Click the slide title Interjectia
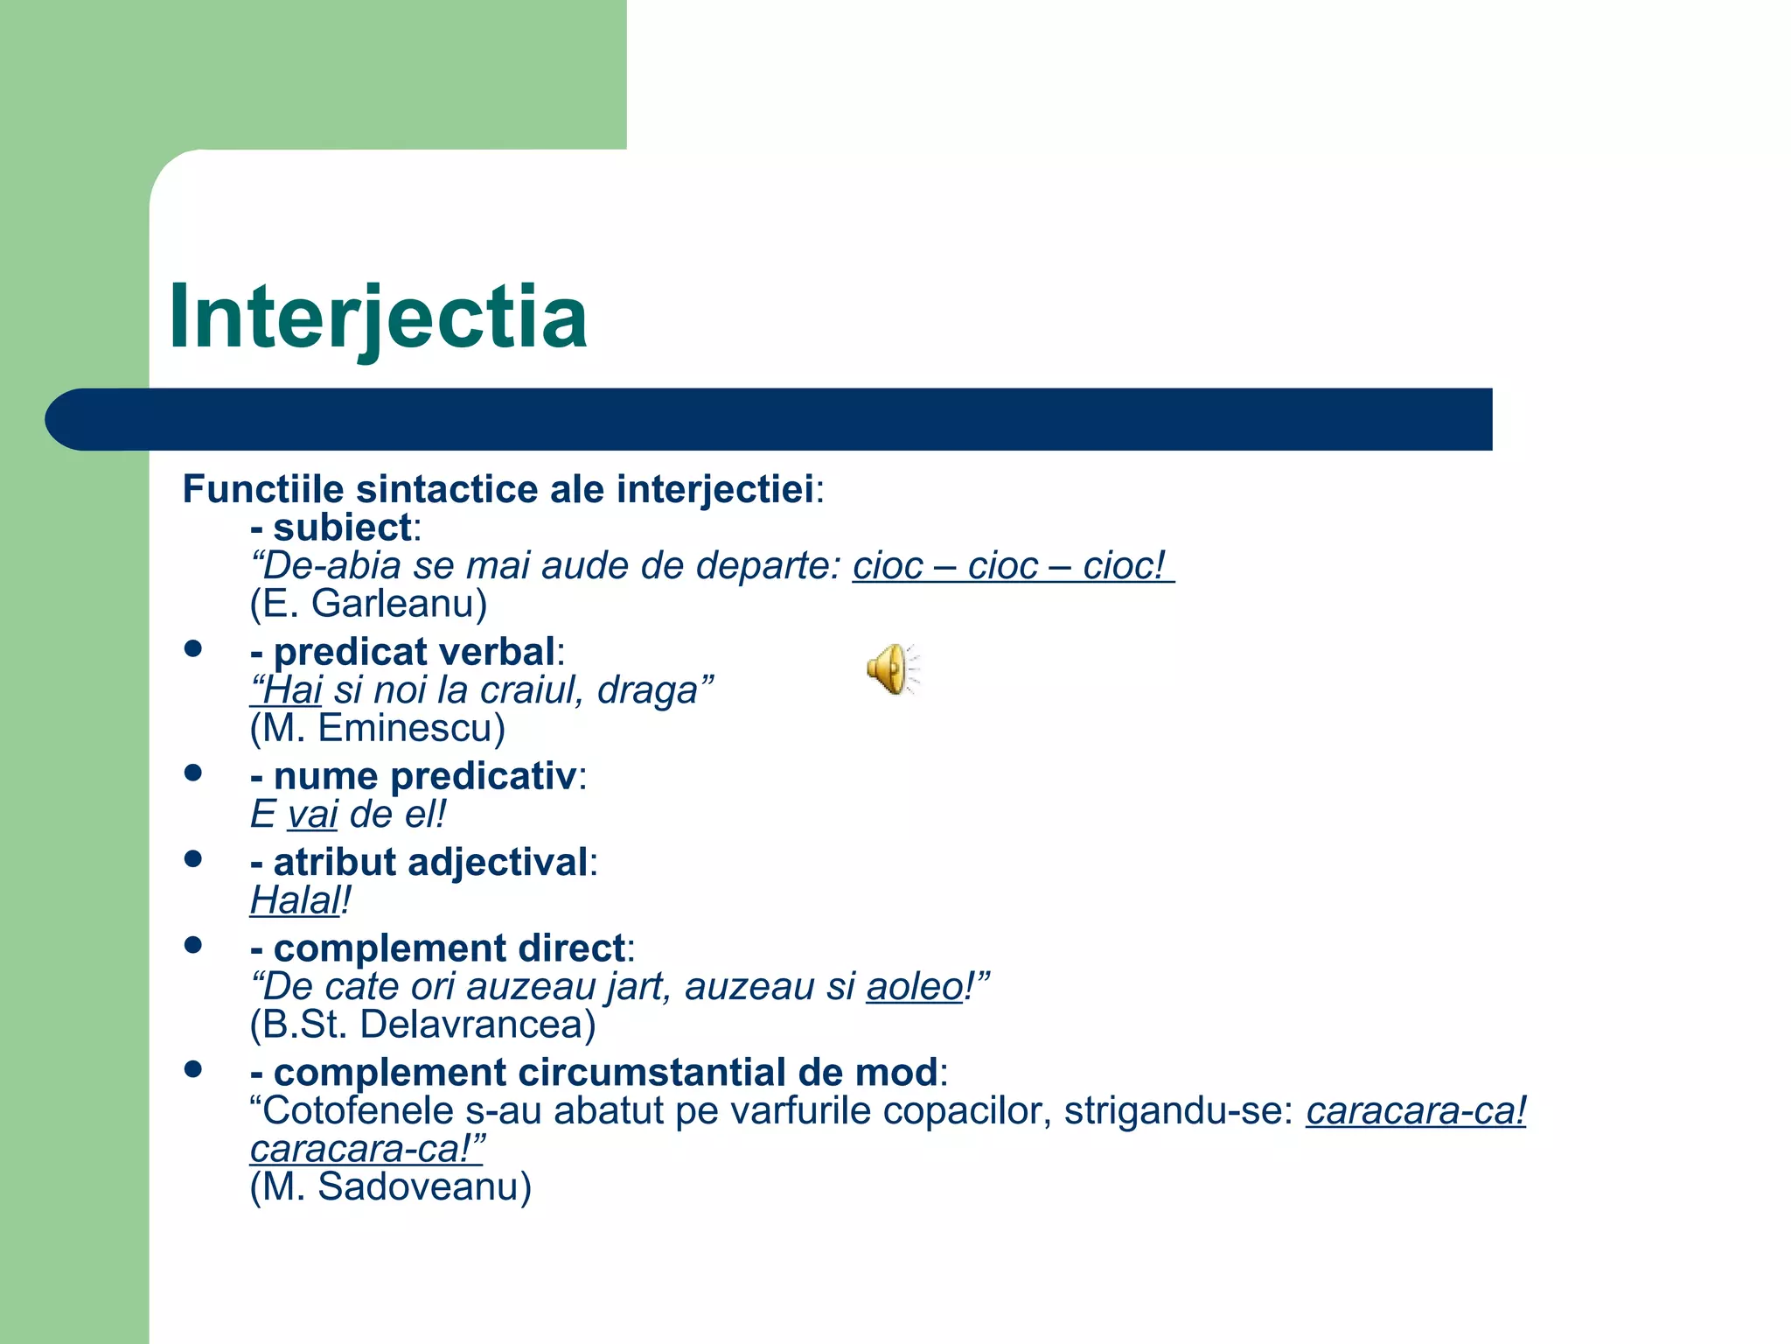[x=377, y=317]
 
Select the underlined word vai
[x=312, y=815]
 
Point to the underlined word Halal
[x=295, y=900]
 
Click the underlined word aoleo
[x=914, y=987]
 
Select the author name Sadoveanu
[x=424, y=1187]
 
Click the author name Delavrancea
[x=477, y=1025]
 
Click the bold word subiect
[x=342, y=528]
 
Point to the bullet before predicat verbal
[x=193, y=649]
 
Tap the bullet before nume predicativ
[x=193, y=773]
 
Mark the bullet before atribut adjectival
[x=193, y=859]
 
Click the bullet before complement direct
[x=193, y=945]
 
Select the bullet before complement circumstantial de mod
[x=193, y=1069]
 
